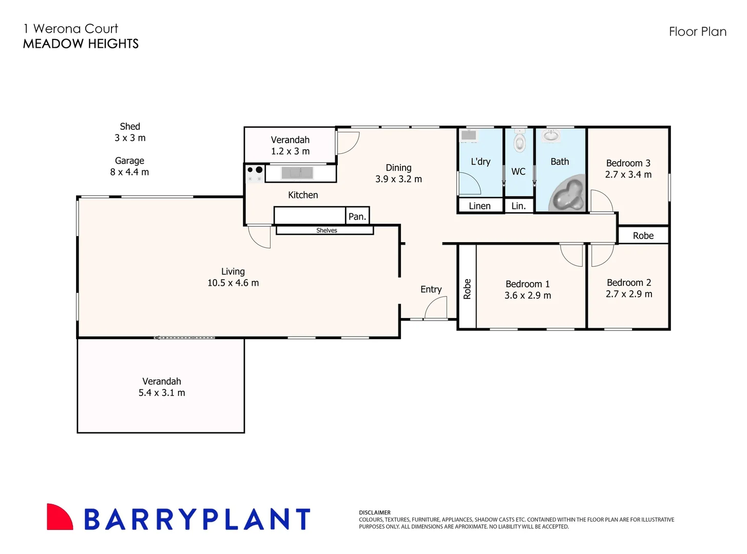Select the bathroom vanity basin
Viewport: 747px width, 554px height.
tap(551, 135)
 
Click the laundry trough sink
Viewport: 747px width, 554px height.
tap(469, 135)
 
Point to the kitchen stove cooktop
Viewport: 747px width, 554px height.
tap(255, 173)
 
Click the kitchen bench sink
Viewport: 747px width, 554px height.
tap(297, 173)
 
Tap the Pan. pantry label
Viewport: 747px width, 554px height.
tap(357, 216)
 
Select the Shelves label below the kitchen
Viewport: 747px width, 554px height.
tap(327, 230)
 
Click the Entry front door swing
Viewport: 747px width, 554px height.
tap(436, 308)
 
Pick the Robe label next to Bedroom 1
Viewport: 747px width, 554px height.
tap(467, 289)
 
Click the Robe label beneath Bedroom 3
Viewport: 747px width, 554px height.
tap(643, 235)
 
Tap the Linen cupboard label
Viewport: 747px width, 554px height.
tap(480, 206)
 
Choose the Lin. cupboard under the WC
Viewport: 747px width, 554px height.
tap(519, 206)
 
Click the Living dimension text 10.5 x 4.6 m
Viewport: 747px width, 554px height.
tap(233, 283)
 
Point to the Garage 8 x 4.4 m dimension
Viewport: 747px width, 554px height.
tap(129, 172)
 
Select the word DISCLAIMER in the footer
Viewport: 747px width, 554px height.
tap(375, 512)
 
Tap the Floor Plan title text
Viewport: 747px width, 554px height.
tap(697, 32)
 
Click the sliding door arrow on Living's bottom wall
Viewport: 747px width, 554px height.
tap(184, 338)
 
